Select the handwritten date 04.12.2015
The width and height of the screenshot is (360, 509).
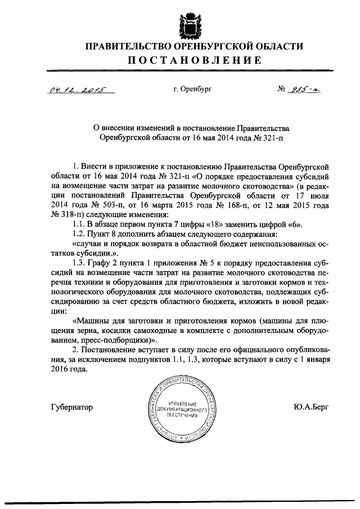click(x=69, y=91)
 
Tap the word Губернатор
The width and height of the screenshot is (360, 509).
click(x=71, y=407)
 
